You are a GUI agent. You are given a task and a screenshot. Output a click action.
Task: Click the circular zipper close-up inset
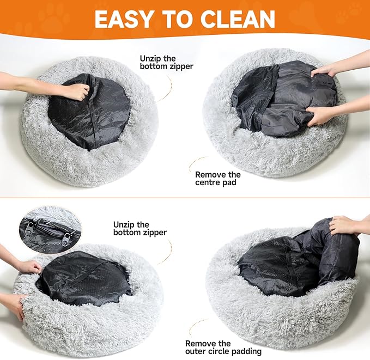coord(48,229)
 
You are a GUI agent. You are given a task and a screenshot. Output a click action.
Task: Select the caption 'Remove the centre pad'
coord(218,179)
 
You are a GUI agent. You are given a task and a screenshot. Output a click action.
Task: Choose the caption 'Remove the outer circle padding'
coord(223,347)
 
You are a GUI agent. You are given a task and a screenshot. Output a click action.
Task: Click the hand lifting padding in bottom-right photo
coord(343,224)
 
